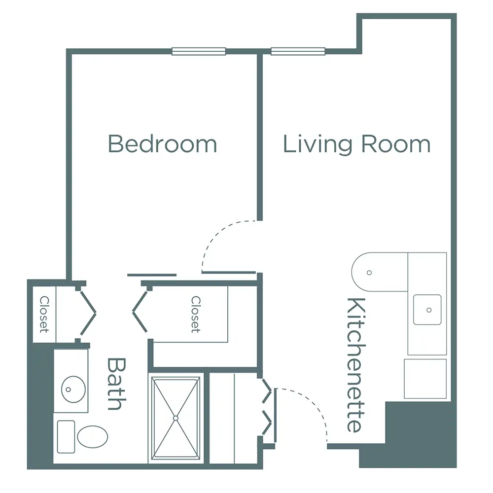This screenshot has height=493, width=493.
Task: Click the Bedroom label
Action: tap(162, 144)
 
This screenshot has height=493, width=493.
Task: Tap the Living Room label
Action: tap(356, 144)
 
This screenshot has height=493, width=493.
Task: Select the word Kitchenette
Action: tap(356, 365)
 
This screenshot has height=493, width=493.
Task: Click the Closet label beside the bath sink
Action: tap(44, 314)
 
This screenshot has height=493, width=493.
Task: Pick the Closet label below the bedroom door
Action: tap(196, 314)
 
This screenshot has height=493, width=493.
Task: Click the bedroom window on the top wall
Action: tap(199, 51)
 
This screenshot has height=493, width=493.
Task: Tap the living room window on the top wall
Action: tap(298, 51)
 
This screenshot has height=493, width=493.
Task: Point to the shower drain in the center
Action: tap(176, 418)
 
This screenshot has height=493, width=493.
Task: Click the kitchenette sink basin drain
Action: tap(429, 310)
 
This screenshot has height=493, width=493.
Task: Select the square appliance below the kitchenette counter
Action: tap(425, 379)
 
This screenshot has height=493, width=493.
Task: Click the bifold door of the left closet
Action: tap(87, 312)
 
